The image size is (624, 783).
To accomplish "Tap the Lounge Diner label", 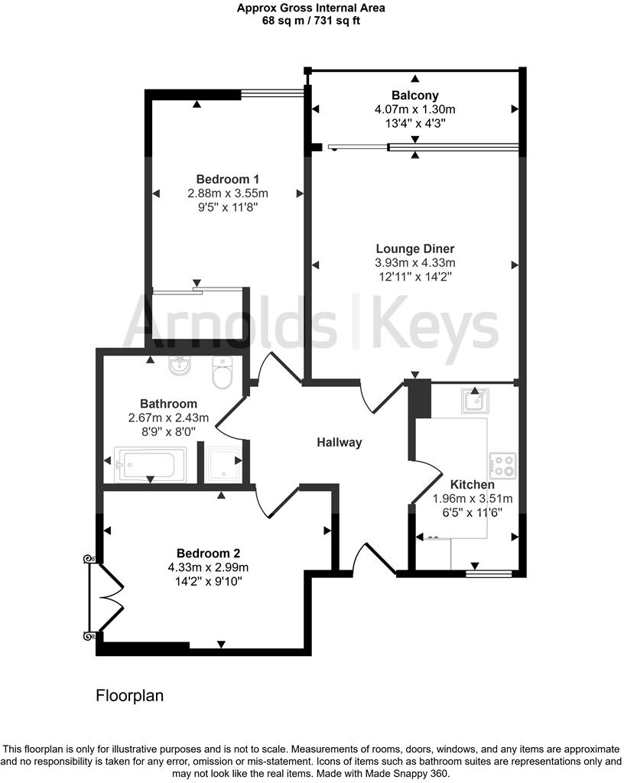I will point(415,249).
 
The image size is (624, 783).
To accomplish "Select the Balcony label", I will point(415,96).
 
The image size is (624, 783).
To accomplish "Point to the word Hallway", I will point(340,442).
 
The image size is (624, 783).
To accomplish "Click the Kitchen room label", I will point(472,484).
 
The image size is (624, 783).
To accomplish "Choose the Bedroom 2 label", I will point(203,553).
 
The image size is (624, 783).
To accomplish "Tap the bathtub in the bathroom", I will point(150,465).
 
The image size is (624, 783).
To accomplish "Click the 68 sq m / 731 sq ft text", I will point(311,21).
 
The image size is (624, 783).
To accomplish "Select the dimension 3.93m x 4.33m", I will point(415,263).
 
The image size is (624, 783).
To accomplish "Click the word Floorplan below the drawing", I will point(130,696).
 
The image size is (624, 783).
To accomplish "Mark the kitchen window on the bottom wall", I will point(489,570).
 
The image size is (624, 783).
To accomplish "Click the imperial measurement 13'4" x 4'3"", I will point(415,123).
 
